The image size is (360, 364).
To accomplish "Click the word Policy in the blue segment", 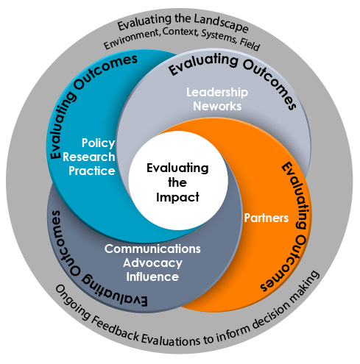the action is click(98, 143).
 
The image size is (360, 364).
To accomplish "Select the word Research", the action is click(89, 157).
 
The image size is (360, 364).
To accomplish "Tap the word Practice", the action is click(92, 171).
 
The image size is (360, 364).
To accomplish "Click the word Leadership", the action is click(217, 93).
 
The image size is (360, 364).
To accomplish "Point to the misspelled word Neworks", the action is click(217, 106).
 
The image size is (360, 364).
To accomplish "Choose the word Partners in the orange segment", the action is click(267, 218).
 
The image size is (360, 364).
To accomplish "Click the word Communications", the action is click(152, 249).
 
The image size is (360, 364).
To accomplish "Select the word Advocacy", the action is click(152, 263).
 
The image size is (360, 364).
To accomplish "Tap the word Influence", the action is click(152, 276).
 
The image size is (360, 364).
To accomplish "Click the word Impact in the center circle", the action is click(177, 197).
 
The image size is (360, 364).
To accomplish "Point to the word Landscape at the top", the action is click(221, 24).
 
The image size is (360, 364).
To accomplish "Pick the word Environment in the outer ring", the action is click(132, 39).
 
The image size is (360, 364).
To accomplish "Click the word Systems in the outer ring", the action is click(219, 38).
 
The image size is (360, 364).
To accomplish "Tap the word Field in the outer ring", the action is click(250, 44).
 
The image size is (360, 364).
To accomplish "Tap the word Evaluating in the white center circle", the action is click(177, 168).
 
